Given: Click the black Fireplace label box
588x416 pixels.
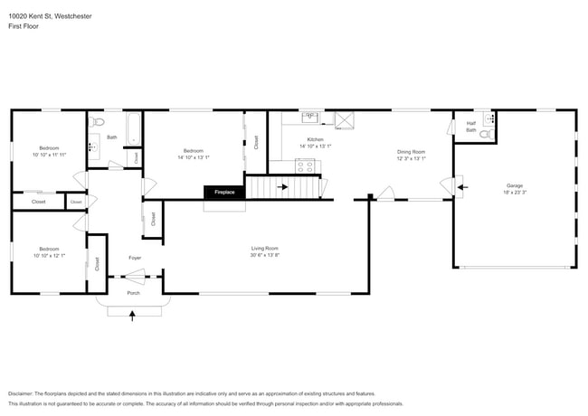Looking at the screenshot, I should pyautogui.click(x=223, y=192).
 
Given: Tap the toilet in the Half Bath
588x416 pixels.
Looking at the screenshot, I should pyautogui.click(x=484, y=135).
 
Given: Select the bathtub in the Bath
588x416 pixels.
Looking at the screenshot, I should pyautogui.click(x=133, y=128).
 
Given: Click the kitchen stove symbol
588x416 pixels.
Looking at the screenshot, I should pyautogui.click(x=305, y=165).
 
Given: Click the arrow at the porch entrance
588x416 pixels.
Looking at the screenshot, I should pyautogui.click(x=134, y=315).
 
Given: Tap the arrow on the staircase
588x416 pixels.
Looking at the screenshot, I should pyautogui.click(x=283, y=187).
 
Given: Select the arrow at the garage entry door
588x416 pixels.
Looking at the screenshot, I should pyautogui.click(x=462, y=187).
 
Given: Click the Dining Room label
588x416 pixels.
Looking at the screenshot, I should pyautogui.click(x=411, y=151).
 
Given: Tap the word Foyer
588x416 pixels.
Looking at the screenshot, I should pyautogui.click(x=134, y=257).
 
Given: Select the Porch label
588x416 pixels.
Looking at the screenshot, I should pyautogui.click(x=133, y=292).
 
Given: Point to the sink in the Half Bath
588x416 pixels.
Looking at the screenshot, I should pyautogui.click(x=489, y=118).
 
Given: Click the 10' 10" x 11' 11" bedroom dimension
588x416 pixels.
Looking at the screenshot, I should pyautogui.click(x=49, y=155).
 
